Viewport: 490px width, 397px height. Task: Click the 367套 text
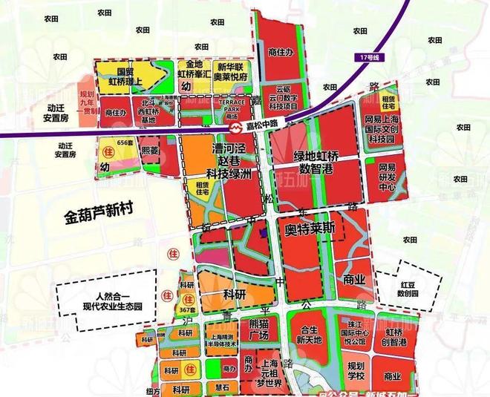pos(187,309)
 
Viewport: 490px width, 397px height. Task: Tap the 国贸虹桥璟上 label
pos(120,78)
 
